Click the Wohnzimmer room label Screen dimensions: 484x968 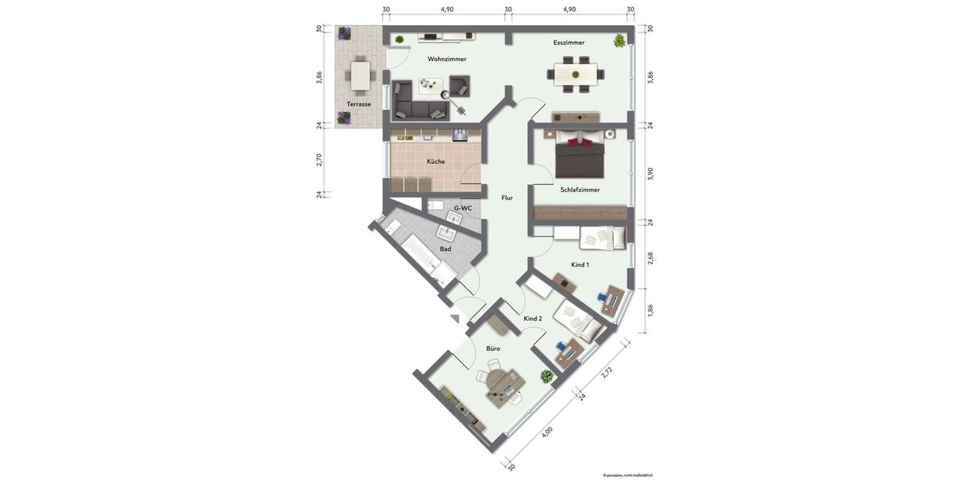(x=447, y=59)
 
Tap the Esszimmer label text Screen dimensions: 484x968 (x=569, y=43)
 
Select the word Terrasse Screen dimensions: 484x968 (x=359, y=104)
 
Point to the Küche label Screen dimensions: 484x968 (x=436, y=161)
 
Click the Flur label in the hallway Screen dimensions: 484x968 (x=507, y=198)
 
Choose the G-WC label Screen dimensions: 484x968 (x=462, y=208)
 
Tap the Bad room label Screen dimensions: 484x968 (x=445, y=248)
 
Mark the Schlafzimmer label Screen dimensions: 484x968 (x=581, y=190)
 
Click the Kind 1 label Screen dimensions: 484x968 (x=580, y=265)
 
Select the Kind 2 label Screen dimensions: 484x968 (x=532, y=319)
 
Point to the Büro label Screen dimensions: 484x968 (x=493, y=348)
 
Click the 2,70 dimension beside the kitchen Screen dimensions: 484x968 (x=320, y=160)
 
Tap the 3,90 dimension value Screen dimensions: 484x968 (x=650, y=173)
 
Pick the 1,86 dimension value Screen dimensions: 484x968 (x=650, y=310)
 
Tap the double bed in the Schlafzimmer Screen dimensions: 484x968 (x=581, y=156)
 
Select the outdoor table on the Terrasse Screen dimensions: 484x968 (x=360, y=77)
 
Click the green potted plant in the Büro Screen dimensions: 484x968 (x=547, y=376)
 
